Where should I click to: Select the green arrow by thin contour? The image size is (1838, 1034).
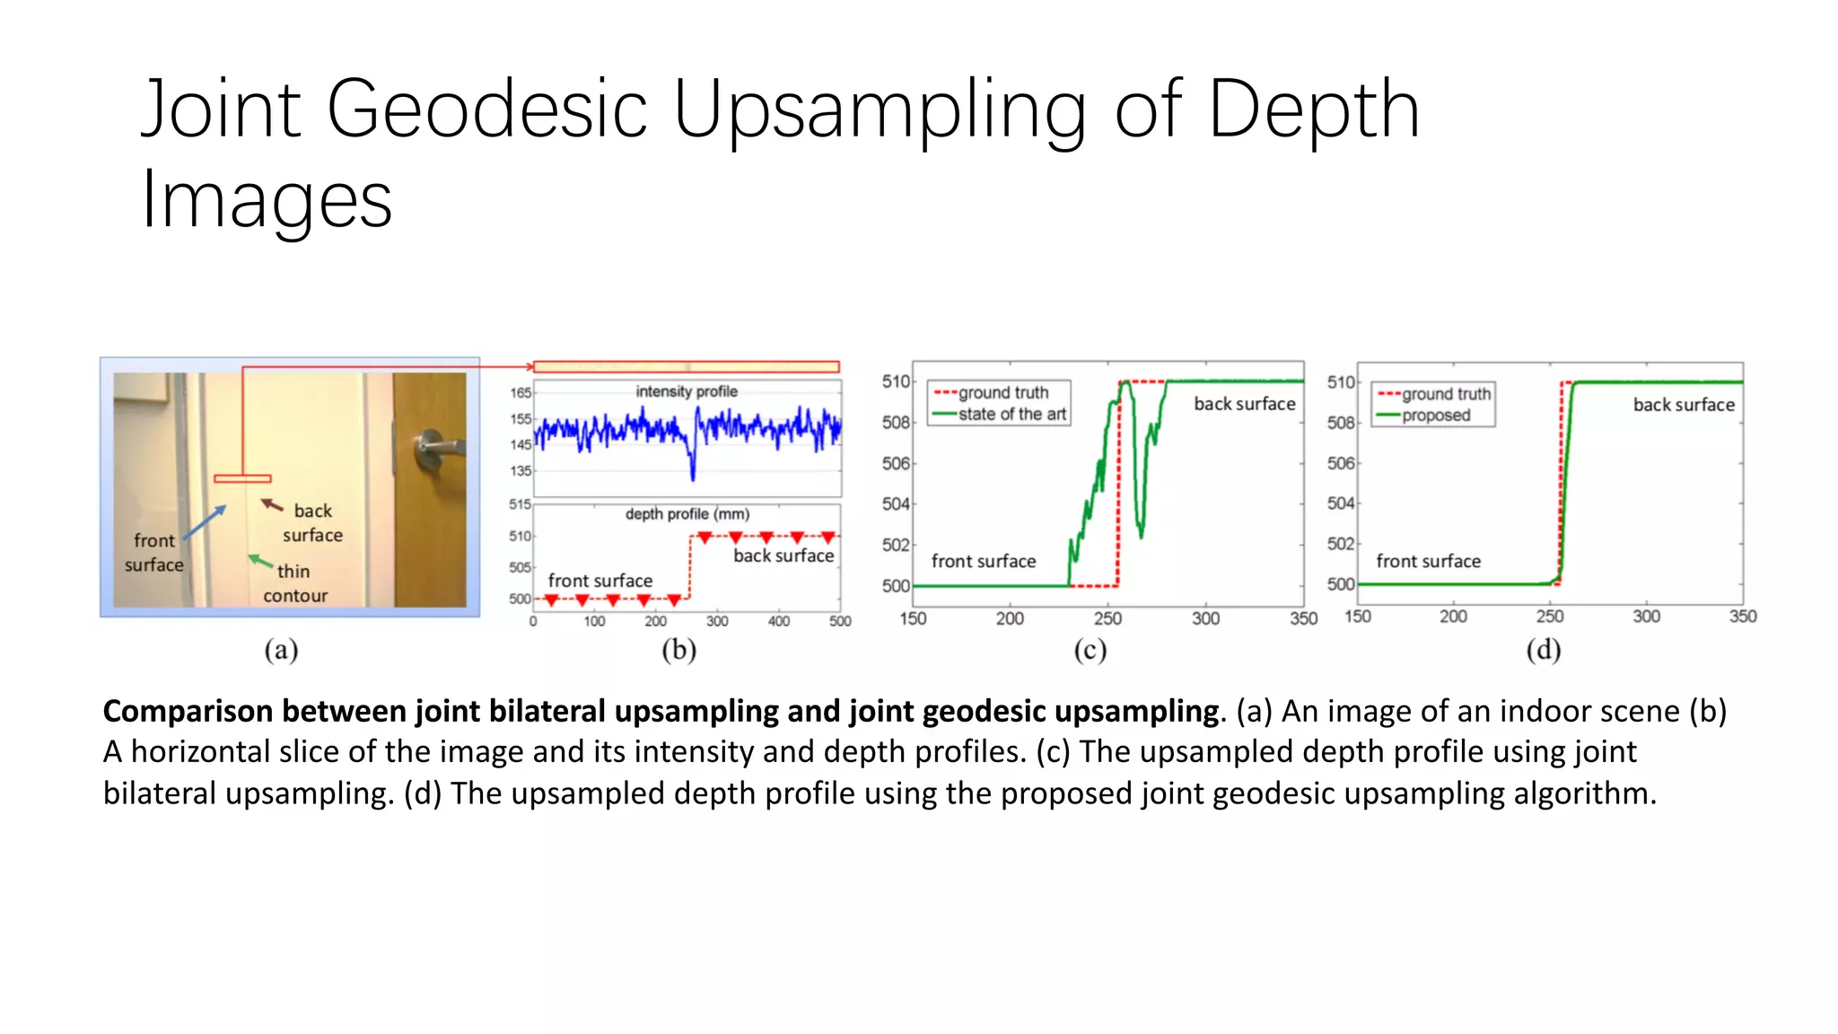click(x=260, y=561)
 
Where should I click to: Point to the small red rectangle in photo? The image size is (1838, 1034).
click(x=242, y=478)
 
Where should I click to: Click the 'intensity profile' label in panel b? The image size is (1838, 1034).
click(x=687, y=391)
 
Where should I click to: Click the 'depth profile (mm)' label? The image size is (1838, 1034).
click(x=687, y=514)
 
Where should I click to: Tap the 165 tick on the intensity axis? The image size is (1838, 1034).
click(x=521, y=393)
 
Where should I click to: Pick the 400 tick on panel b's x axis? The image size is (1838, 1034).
click(x=778, y=621)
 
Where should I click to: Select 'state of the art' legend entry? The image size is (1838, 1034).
click(x=1011, y=414)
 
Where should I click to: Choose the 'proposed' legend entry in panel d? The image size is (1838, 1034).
click(x=1436, y=416)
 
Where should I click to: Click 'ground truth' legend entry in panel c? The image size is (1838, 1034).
click(x=1002, y=393)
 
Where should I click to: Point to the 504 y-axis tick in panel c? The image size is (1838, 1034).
click(x=896, y=504)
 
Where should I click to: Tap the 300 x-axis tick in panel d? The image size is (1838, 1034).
click(x=1646, y=617)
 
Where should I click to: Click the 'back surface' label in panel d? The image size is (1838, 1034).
click(x=1684, y=405)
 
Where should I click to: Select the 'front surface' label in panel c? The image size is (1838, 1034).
click(x=983, y=561)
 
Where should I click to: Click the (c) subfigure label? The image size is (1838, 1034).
click(x=1090, y=650)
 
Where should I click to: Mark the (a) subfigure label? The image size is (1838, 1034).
click(x=281, y=650)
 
